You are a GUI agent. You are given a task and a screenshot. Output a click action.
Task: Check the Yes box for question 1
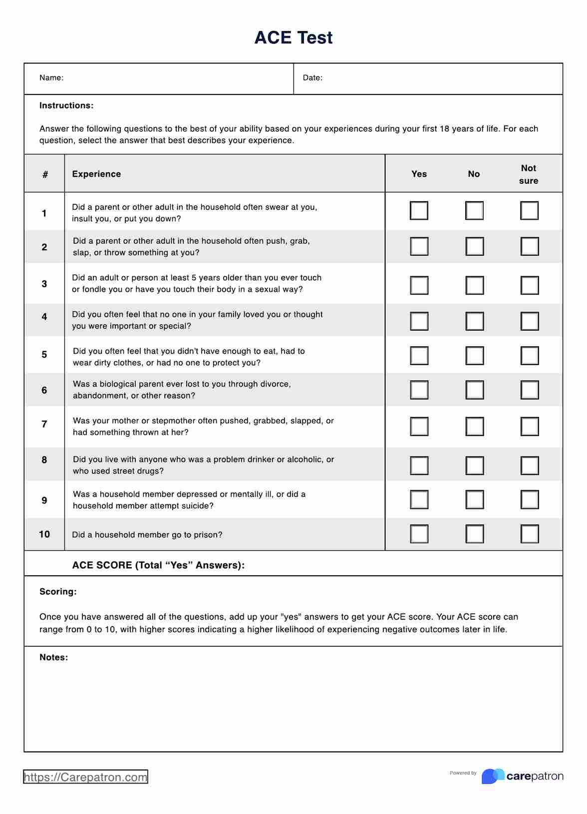tap(419, 211)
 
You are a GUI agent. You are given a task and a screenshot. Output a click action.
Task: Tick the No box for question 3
tap(474, 285)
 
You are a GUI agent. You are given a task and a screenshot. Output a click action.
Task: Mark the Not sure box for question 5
tap(529, 356)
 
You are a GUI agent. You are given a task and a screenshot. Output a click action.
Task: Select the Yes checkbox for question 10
tap(419, 534)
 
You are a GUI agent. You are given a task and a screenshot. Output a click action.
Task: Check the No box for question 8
tap(474, 465)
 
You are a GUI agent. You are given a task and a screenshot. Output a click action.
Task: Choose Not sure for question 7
tap(529, 426)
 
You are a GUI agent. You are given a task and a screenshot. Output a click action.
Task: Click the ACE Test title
tap(293, 37)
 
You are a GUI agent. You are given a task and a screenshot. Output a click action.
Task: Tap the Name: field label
tap(51, 78)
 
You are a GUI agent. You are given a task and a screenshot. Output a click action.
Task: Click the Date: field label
tap(312, 78)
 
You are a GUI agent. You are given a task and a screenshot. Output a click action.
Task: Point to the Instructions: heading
tap(66, 105)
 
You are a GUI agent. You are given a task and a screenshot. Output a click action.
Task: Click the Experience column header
tap(96, 174)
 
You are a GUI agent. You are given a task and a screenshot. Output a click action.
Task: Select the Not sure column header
tap(528, 174)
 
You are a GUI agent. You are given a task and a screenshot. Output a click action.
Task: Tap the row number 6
tap(44, 390)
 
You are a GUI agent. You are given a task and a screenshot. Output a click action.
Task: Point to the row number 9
tap(44, 500)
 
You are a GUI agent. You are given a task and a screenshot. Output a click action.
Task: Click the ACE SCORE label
tap(158, 565)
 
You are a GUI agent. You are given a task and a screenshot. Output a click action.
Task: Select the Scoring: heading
tap(58, 592)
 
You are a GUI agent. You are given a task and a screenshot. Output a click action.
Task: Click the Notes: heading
tap(53, 657)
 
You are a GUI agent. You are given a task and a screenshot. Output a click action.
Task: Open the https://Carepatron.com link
tap(85, 777)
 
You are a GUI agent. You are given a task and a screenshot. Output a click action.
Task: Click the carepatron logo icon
tap(493, 776)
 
